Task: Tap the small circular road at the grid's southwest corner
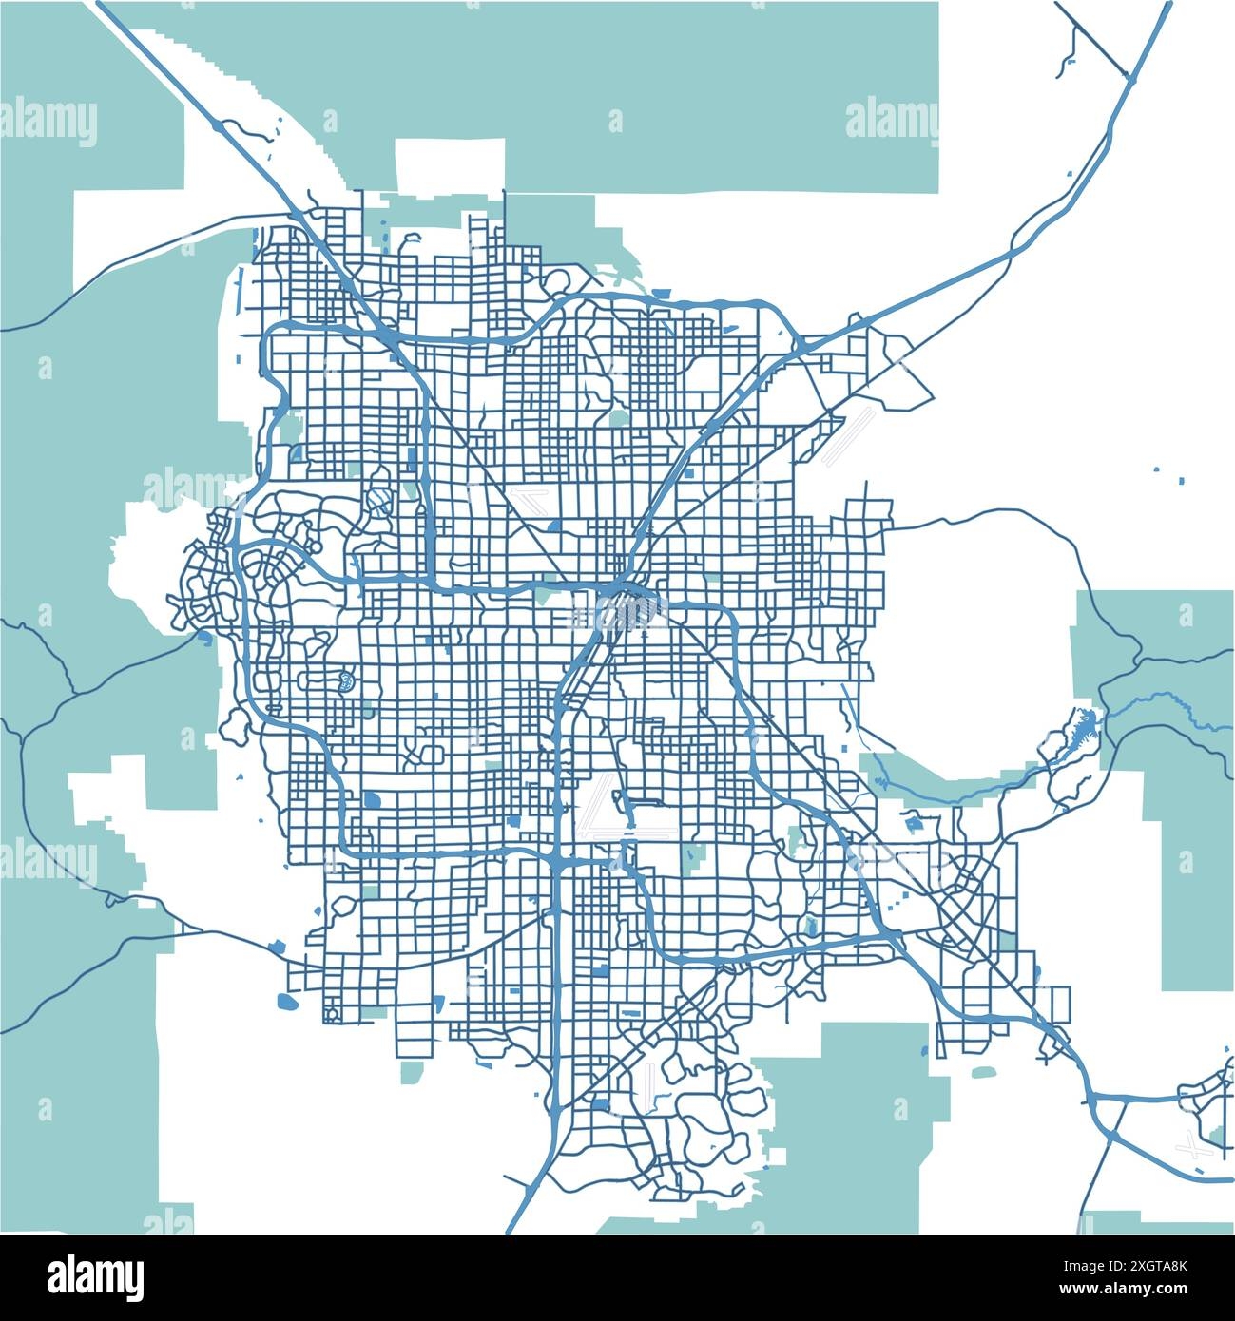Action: click(332, 1013)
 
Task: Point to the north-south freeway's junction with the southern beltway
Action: click(555, 861)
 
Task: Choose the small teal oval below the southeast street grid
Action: click(982, 1072)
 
